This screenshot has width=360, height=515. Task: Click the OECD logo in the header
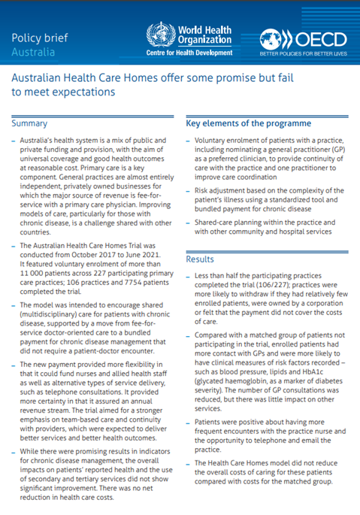coord(302,38)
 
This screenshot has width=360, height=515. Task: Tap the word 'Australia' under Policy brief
coord(32,53)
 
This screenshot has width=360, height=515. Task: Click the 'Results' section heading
coord(200,259)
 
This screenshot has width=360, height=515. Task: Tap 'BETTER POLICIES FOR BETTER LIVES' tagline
coord(303,55)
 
